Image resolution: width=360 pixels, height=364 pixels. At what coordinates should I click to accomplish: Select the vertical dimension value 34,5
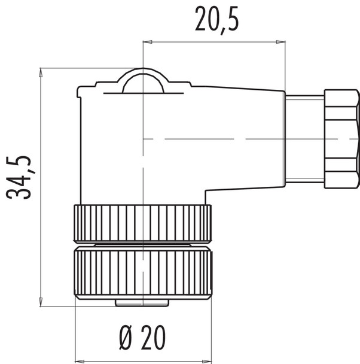pos(19,178)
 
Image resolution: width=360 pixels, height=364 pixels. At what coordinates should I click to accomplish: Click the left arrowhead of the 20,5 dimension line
pos(147,42)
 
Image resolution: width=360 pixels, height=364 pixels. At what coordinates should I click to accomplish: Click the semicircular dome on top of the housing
pos(143,82)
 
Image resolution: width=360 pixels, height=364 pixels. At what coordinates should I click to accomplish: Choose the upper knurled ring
pos(142,223)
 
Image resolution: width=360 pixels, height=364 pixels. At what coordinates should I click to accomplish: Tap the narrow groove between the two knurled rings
pos(142,245)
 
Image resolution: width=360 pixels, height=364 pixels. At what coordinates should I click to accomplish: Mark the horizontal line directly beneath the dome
pos(143,94)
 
